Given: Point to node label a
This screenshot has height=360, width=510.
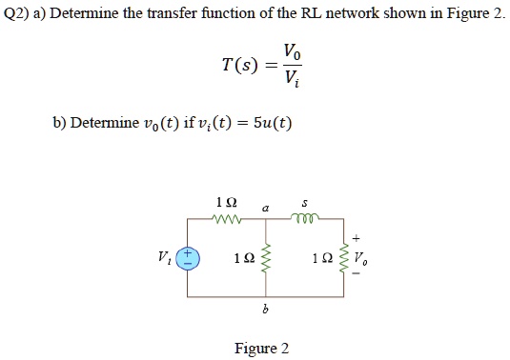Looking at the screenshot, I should [266, 204].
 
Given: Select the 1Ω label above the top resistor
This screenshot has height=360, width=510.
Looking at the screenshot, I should [226, 202].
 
